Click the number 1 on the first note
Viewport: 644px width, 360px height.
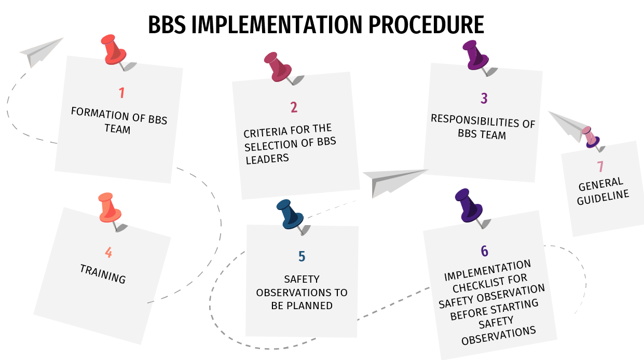pyautogui.click(x=121, y=93)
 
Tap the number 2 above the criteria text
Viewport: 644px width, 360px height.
pyautogui.click(x=294, y=107)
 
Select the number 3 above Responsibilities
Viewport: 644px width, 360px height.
pyautogui.click(x=484, y=98)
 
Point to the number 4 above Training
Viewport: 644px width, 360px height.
pyautogui.click(x=108, y=253)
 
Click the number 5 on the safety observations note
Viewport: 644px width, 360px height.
pyautogui.click(x=302, y=257)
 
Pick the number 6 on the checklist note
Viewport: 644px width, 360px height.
pyautogui.click(x=484, y=251)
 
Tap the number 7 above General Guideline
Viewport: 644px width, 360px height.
pyautogui.click(x=600, y=167)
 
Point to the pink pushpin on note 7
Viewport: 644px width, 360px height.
pyautogui.click(x=590, y=136)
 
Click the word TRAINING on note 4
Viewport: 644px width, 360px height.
pyautogui.click(x=103, y=273)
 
